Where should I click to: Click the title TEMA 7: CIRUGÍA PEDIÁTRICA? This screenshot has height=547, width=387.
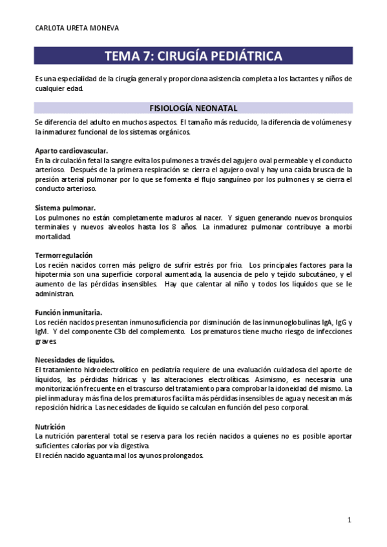pos(194,56)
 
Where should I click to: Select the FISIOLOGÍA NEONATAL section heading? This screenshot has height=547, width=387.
pos(194,108)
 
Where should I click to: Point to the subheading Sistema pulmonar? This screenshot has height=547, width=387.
pos(65,208)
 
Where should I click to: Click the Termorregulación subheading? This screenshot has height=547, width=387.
pos(64,255)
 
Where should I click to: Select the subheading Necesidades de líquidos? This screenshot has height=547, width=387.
pos(75,359)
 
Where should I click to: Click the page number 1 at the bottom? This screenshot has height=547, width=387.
pos(349,519)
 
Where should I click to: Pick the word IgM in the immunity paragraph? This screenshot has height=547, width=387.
pos(42,332)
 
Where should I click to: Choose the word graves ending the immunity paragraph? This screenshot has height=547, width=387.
pos(47,341)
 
